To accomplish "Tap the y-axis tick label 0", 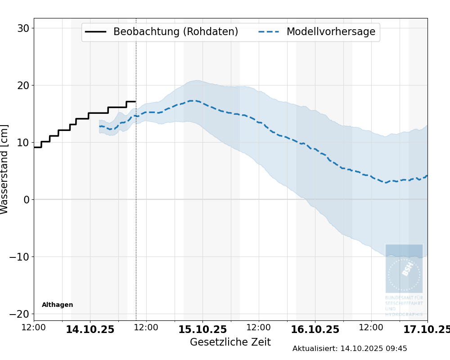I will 26,200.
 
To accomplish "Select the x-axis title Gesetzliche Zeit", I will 230,342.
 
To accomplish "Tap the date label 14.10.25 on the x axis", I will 90,330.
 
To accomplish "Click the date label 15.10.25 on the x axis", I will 202,330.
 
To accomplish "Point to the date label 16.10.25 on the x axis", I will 315,330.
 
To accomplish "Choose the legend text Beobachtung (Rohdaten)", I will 175,32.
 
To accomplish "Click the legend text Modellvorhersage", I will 331,32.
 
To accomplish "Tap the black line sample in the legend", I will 95,32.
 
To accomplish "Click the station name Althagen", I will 57,305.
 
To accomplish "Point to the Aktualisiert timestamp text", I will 350,349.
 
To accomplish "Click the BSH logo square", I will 404,268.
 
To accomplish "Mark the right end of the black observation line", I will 135,102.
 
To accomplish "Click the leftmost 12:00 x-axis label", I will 34,328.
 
